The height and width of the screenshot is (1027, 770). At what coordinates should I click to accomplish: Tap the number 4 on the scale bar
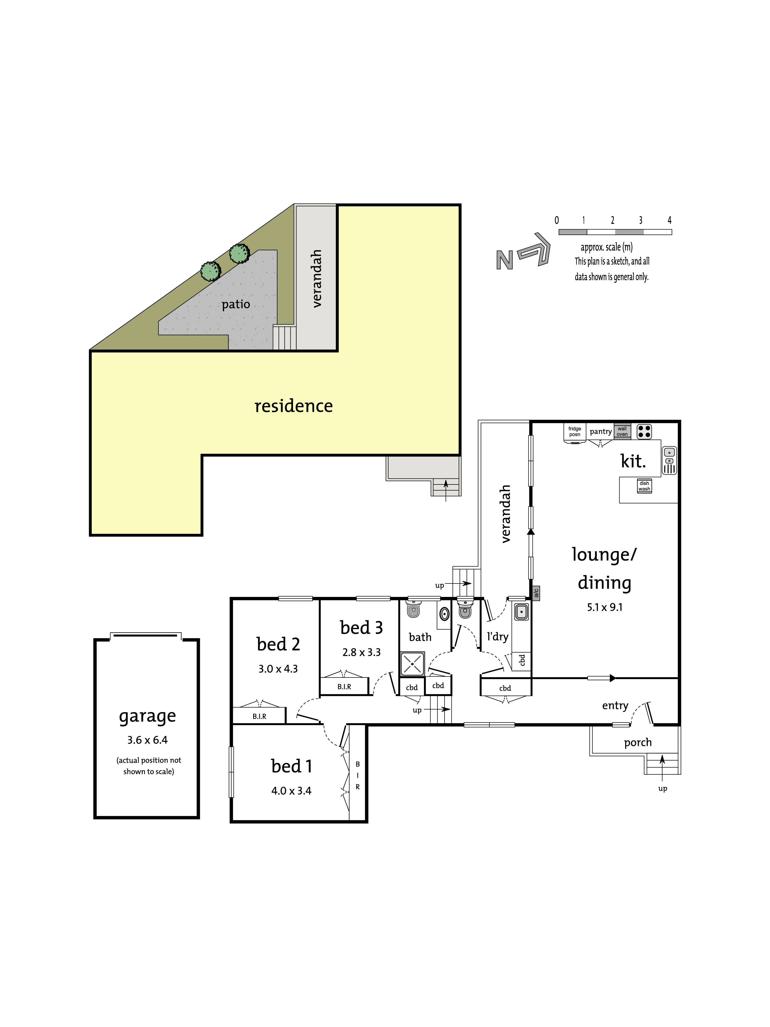(x=669, y=220)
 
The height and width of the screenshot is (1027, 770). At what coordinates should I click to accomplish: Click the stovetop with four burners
(x=644, y=432)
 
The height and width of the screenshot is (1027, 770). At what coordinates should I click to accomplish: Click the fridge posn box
(x=575, y=432)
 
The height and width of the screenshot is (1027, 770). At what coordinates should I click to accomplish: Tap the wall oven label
(x=622, y=432)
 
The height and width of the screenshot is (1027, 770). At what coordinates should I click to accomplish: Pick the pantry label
(x=601, y=432)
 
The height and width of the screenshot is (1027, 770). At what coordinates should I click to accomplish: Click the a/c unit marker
(x=536, y=593)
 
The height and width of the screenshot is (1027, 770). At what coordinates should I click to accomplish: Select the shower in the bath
(x=412, y=663)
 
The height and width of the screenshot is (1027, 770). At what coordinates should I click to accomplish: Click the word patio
(x=236, y=305)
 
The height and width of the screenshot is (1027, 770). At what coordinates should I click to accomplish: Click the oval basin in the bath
(x=445, y=614)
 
